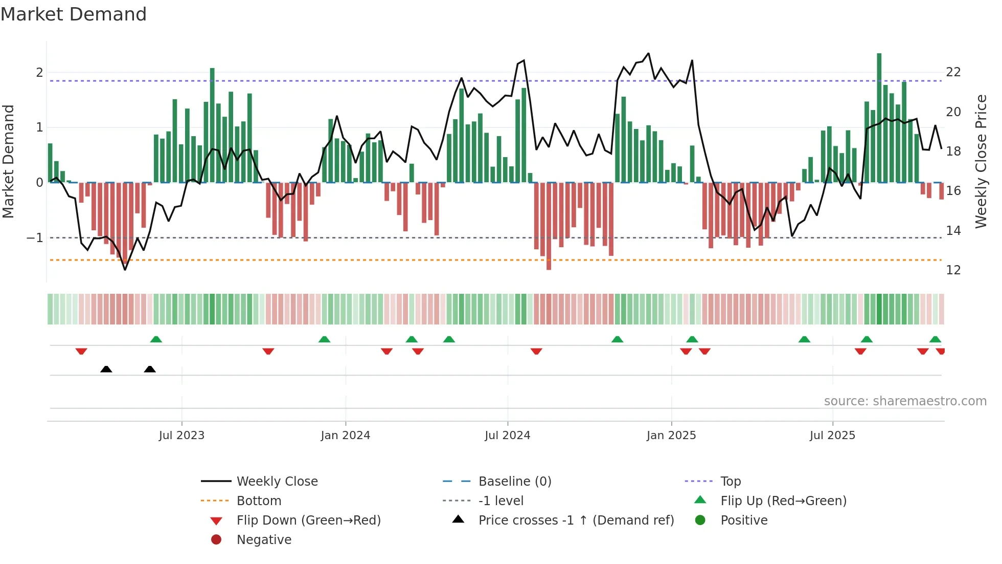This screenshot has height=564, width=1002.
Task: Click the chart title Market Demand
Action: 74,14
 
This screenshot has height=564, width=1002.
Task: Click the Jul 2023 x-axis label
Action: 181,436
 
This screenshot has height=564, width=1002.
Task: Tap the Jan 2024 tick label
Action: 345,436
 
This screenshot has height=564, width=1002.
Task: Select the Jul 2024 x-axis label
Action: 507,436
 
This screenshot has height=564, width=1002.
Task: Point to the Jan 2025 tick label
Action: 671,436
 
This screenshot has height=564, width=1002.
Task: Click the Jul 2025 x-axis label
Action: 832,436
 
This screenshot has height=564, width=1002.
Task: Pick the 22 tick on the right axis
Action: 953,72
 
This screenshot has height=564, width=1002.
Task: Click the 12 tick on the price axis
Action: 953,270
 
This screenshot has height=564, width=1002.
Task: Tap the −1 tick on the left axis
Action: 35,238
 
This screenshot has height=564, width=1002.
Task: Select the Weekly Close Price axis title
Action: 981,161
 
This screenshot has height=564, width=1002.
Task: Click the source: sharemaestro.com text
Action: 905,401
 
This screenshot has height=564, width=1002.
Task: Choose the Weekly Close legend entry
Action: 277,482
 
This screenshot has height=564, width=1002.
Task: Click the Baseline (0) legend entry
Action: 514,482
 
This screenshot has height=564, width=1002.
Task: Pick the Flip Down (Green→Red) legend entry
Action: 308,520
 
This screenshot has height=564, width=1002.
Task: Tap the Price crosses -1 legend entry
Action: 576,520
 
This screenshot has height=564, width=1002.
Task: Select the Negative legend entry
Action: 264,540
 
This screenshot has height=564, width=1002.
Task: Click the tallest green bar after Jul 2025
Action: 879,118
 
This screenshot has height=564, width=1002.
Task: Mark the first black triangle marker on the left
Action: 106,369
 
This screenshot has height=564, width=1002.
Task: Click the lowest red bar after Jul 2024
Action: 549,226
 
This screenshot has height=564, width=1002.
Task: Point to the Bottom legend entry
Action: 259,501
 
